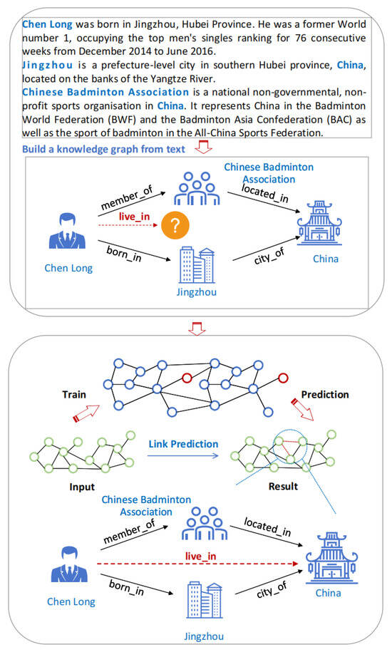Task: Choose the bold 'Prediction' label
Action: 325,394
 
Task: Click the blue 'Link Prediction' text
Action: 183,444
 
